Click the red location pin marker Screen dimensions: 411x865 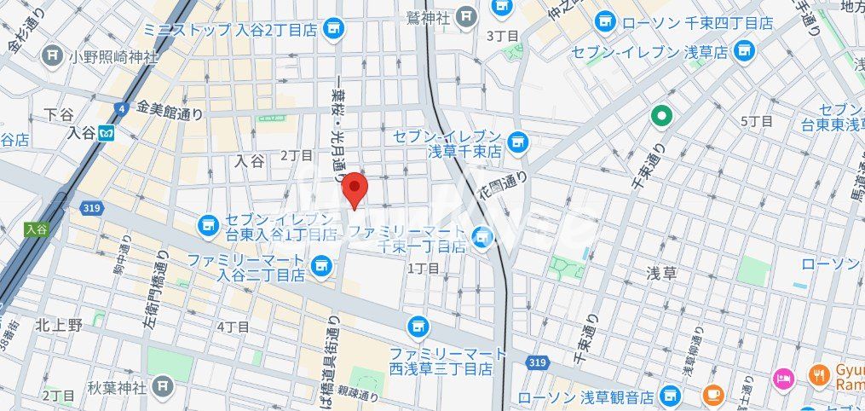355,189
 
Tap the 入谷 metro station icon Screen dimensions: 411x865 107,133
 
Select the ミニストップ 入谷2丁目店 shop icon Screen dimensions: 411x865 333,29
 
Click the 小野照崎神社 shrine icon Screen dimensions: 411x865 54,56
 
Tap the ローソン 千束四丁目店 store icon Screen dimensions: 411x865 606,21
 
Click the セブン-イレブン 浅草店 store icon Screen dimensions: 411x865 746,51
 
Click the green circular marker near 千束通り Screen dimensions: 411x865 660,115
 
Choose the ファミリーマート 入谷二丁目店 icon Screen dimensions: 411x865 321,265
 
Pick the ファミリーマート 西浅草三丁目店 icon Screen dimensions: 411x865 418,325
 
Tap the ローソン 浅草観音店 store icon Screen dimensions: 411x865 672,396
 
